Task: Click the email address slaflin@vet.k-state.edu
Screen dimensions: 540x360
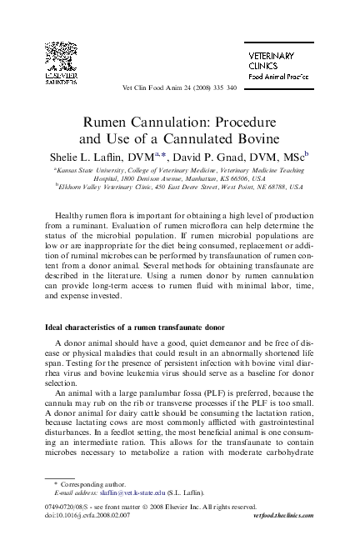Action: point(122,492)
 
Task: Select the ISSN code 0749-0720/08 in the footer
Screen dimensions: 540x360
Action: point(66,506)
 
